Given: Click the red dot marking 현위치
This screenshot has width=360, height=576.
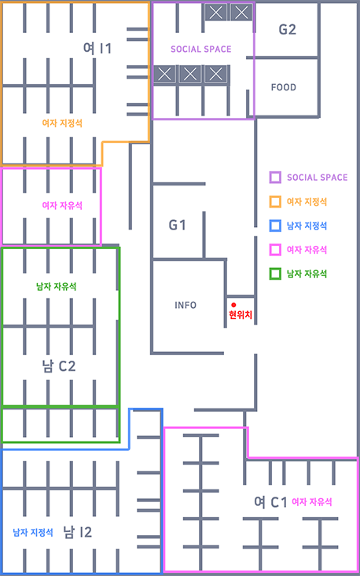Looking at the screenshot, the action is pos(233,305).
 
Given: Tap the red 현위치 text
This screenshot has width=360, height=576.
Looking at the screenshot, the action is pos(241,315).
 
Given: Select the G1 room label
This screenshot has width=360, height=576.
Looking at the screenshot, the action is pos(177,226).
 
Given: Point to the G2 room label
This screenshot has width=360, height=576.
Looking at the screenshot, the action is pos(287,29).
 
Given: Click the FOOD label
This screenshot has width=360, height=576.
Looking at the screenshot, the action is pos(284,87).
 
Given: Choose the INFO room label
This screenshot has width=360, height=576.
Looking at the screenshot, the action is pos(186,305).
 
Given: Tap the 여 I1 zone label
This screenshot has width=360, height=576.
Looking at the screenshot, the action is pos(97,49).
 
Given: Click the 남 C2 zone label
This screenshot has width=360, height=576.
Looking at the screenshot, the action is pos(59,366).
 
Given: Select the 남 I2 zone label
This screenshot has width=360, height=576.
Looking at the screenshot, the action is pos(77,531).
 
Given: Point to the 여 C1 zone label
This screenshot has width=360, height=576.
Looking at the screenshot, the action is pos(270,502).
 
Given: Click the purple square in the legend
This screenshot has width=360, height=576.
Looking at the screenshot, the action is pos(275,178).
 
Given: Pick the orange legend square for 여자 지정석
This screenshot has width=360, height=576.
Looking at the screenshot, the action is pos(275,202).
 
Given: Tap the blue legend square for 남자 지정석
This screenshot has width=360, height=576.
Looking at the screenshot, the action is pos(275,226).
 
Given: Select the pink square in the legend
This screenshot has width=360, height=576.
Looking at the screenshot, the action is pos(275,250).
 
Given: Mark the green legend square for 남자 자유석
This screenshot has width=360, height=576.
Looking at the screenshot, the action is pos(275,273).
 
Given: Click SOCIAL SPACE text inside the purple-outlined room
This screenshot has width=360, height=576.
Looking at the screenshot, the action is pos(201,50).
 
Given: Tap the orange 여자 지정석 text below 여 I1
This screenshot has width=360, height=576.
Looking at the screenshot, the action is pos(62,123).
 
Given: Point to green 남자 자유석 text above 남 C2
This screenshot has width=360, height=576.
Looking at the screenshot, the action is pos(57,286).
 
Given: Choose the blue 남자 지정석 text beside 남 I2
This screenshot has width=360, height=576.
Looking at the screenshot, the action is pos(33,532).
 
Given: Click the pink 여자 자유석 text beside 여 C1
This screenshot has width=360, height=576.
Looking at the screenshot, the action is pos(312,502).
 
